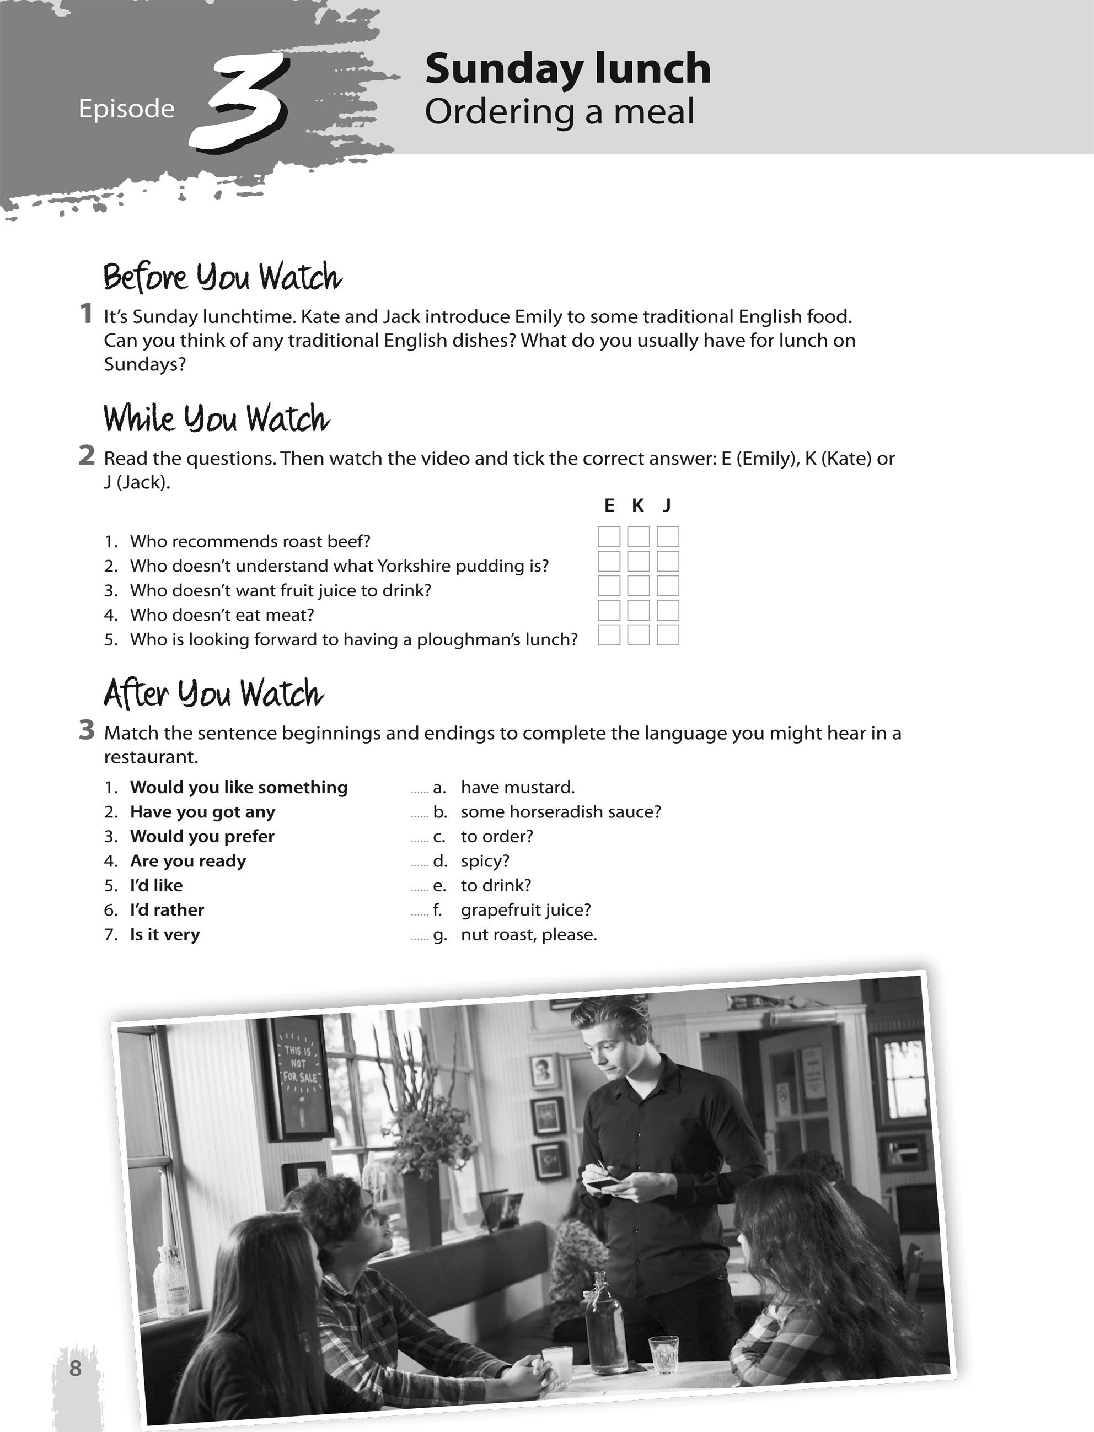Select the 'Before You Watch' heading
[x=223, y=277]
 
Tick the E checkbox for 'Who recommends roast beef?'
[x=609, y=537]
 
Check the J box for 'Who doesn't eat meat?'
[x=667, y=611]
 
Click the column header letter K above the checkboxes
[x=637, y=505]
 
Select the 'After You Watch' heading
[x=213, y=694]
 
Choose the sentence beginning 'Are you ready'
[x=187, y=861]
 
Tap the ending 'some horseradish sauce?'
[x=561, y=812]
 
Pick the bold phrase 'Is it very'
[x=165, y=935]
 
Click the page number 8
[x=76, y=1368]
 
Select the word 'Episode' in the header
[x=126, y=109]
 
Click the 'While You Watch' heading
[x=216, y=418]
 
